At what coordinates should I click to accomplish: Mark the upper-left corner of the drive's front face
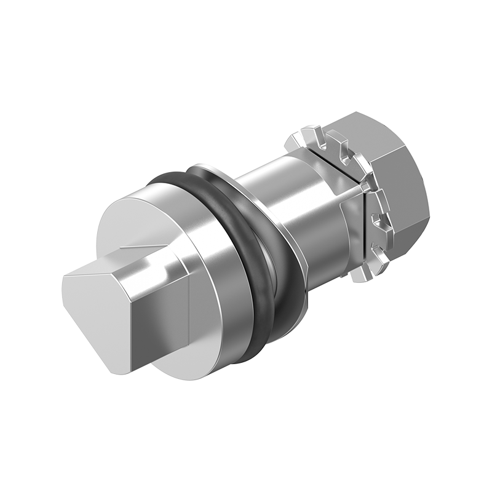(x=65, y=277)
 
